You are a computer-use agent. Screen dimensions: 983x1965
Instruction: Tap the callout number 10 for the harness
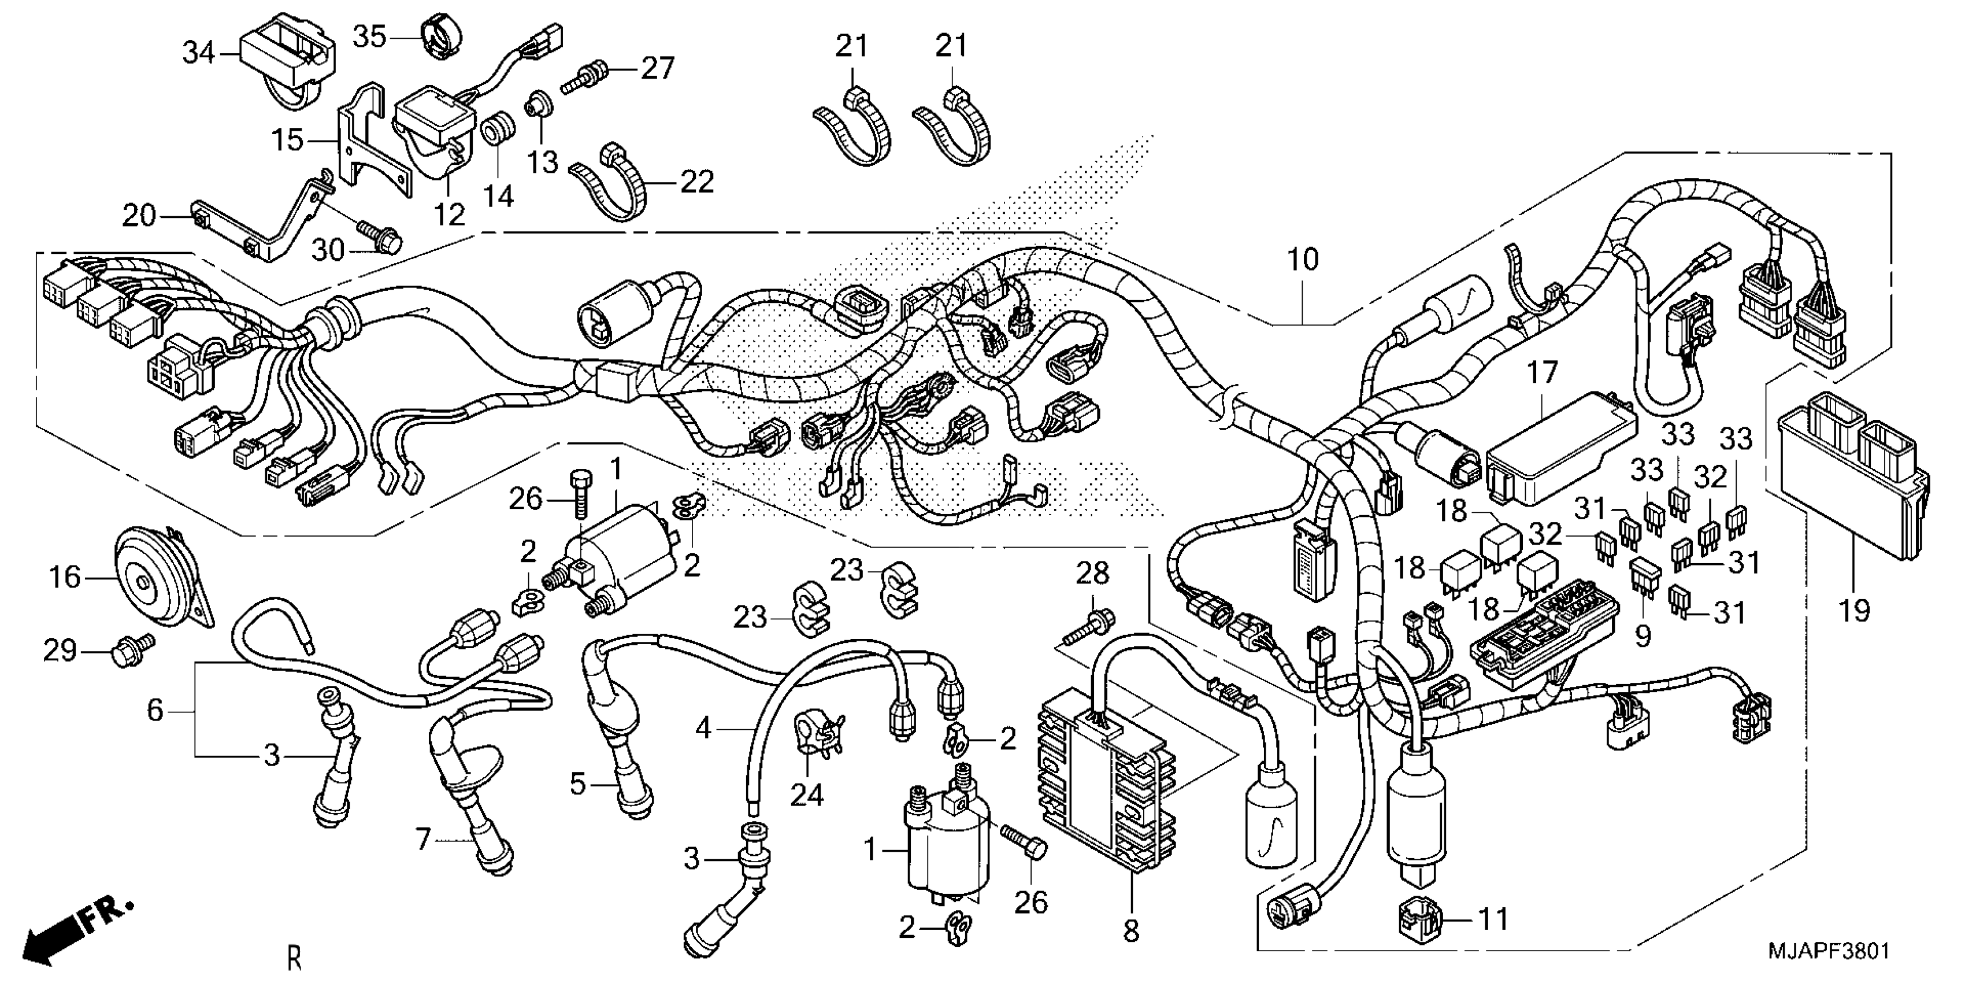[x=1303, y=260]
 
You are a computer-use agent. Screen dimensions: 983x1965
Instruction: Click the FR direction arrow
[x=76, y=935]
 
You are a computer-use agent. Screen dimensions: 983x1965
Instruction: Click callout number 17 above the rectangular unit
[x=1541, y=373]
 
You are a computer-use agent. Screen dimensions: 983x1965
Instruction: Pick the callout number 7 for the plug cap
[x=424, y=840]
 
